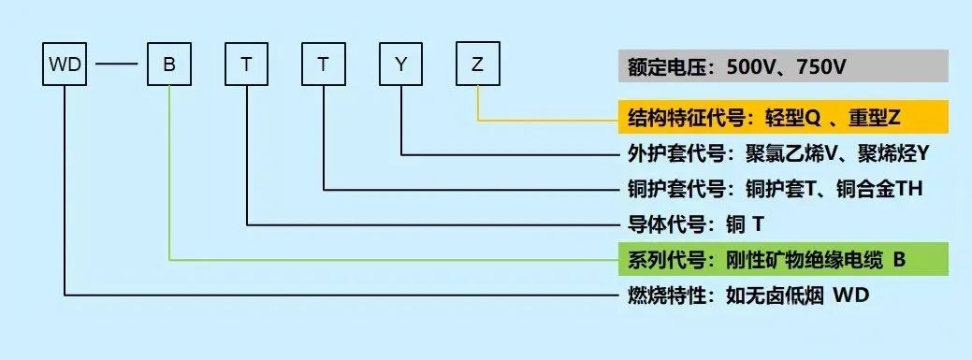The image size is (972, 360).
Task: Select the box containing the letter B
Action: click(x=169, y=65)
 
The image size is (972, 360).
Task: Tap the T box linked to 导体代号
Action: click(x=247, y=65)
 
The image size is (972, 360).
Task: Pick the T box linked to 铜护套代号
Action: click(x=324, y=65)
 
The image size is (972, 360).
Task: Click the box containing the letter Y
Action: click(x=401, y=65)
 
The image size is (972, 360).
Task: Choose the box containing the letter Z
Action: click(x=478, y=65)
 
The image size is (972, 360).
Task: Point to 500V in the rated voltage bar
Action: click(x=746, y=67)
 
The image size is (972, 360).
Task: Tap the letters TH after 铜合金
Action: click(x=910, y=189)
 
